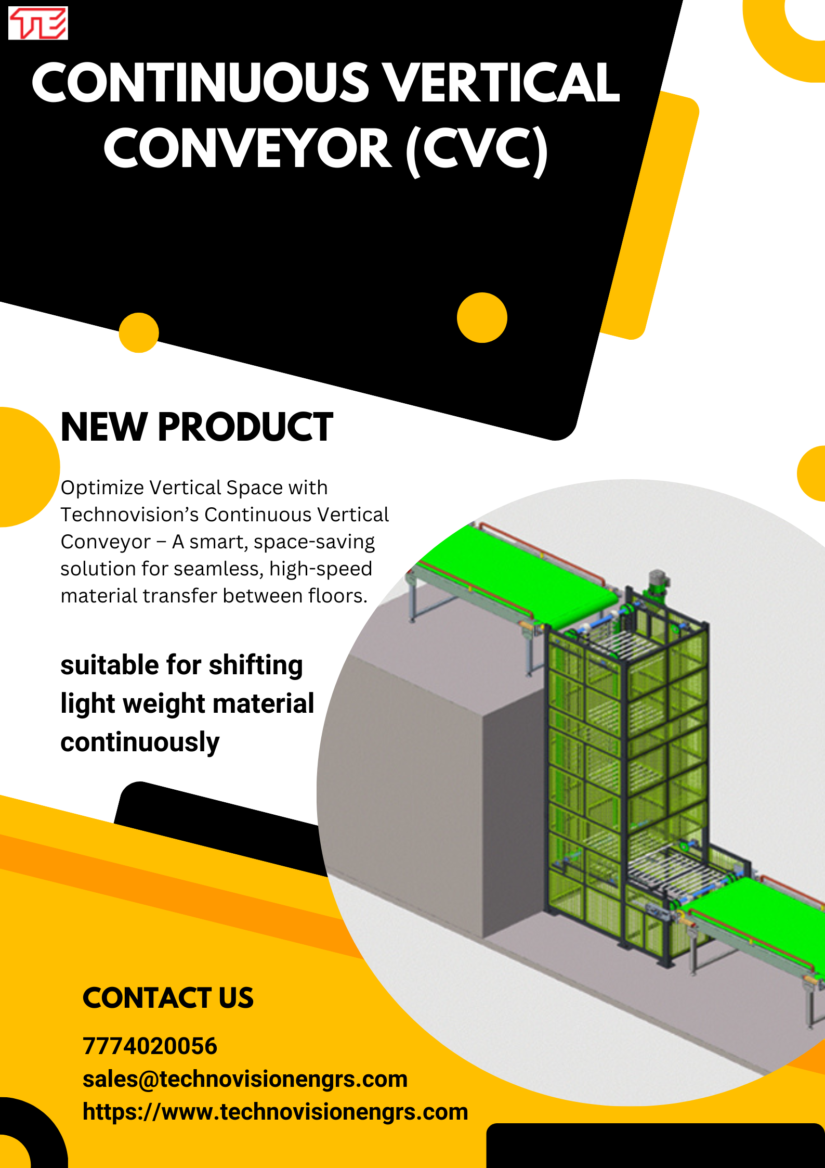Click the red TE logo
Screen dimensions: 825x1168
[38, 23]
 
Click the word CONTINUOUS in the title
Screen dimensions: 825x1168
[200, 83]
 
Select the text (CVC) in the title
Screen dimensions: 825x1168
[477, 149]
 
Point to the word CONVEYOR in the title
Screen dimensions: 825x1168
[247, 149]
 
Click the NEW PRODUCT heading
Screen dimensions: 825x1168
[197, 427]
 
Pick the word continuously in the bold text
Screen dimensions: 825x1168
[140, 742]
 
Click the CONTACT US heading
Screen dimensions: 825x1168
[168, 998]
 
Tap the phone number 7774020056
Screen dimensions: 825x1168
[150, 1046]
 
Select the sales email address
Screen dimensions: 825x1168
[245, 1079]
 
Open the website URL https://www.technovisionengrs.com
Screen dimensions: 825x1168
[275, 1112]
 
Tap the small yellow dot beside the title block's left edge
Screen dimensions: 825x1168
[139, 332]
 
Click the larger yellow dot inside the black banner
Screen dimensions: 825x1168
[482, 317]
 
